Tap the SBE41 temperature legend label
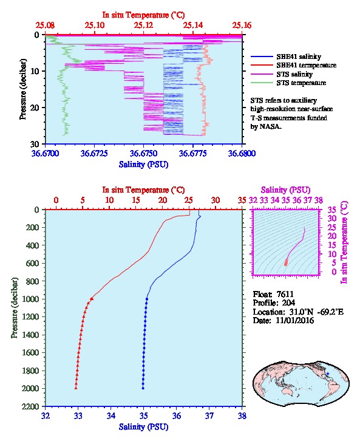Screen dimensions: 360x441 click(x=307, y=65)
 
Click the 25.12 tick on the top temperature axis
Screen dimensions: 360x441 click(x=144, y=26)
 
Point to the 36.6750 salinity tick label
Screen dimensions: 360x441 click(x=143, y=154)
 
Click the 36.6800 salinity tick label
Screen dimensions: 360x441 click(x=242, y=154)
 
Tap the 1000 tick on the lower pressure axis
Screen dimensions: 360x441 click(x=33, y=299)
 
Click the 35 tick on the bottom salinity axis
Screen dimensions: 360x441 click(x=144, y=415)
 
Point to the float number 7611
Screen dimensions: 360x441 click(x=285, y=295)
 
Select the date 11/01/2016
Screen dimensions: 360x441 click(x=295, y=320)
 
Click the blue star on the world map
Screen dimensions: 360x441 click(x=328, y=374)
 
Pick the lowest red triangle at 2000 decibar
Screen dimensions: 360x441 click(x=76, y=388)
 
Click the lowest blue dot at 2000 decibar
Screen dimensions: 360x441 click(x=143, y=388)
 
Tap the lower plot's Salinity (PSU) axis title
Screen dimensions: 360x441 click(x=144, y=427)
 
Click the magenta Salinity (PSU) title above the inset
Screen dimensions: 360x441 click(x=285, y=190)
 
